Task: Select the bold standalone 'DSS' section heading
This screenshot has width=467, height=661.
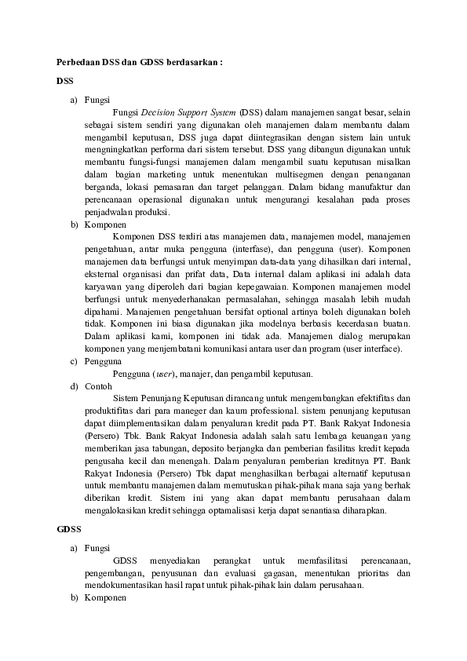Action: pyautogui.click(x=66, y=81)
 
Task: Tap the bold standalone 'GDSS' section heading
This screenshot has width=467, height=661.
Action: pyautogui.click(x=69, y=529)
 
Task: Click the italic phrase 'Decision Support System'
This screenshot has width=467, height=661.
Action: pyautogui.click(x=188, y=112)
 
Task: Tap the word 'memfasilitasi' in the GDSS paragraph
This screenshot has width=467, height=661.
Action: pyautogui.click(x=324, y=561)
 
